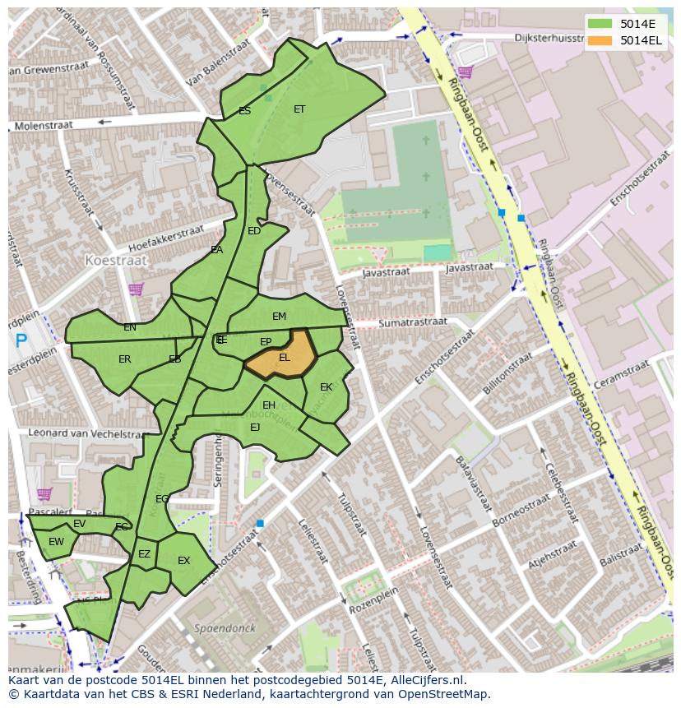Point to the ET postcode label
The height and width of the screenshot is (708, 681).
click(299, 109)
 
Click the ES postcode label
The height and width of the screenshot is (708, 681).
click(244, 110)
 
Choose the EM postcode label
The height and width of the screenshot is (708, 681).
click(279, 317)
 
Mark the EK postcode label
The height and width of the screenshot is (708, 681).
click(326, 386)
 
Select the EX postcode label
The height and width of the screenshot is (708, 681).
click(183, 561)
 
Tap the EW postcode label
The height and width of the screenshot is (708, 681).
click(56, 542)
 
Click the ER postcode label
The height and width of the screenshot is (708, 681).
click(124, 359)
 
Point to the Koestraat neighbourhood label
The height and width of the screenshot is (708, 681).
click(116, 260)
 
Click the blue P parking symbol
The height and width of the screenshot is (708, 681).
click(21, 340)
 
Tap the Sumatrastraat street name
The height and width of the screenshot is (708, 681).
click(412, 323)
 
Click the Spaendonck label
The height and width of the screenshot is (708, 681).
click(225, 628)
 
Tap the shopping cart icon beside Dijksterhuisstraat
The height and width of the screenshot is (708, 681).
click(465, 72)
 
